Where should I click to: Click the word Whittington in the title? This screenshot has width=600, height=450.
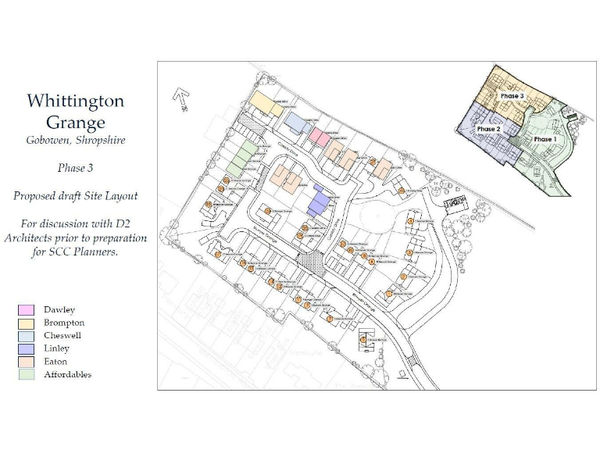[75, 101]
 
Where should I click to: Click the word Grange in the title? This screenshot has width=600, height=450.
[75, 123]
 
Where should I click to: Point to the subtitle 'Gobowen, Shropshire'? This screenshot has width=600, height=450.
[75, 141]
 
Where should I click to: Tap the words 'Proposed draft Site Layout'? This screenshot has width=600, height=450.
[75, 196]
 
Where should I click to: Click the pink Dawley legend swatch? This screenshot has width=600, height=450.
[26, 310]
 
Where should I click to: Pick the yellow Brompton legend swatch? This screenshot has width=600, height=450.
[26, 323]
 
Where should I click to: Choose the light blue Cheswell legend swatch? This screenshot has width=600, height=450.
[26, 336]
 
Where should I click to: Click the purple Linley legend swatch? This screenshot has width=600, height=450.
[26, 348]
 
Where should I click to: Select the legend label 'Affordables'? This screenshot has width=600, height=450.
[67, 374]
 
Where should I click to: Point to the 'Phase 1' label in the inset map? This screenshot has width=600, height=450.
[545, 139]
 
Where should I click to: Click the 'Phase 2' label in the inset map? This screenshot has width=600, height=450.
[488, 129]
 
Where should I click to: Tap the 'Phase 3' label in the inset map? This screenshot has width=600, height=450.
[512, 95]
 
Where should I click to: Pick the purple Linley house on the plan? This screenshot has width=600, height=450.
[319, 201]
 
